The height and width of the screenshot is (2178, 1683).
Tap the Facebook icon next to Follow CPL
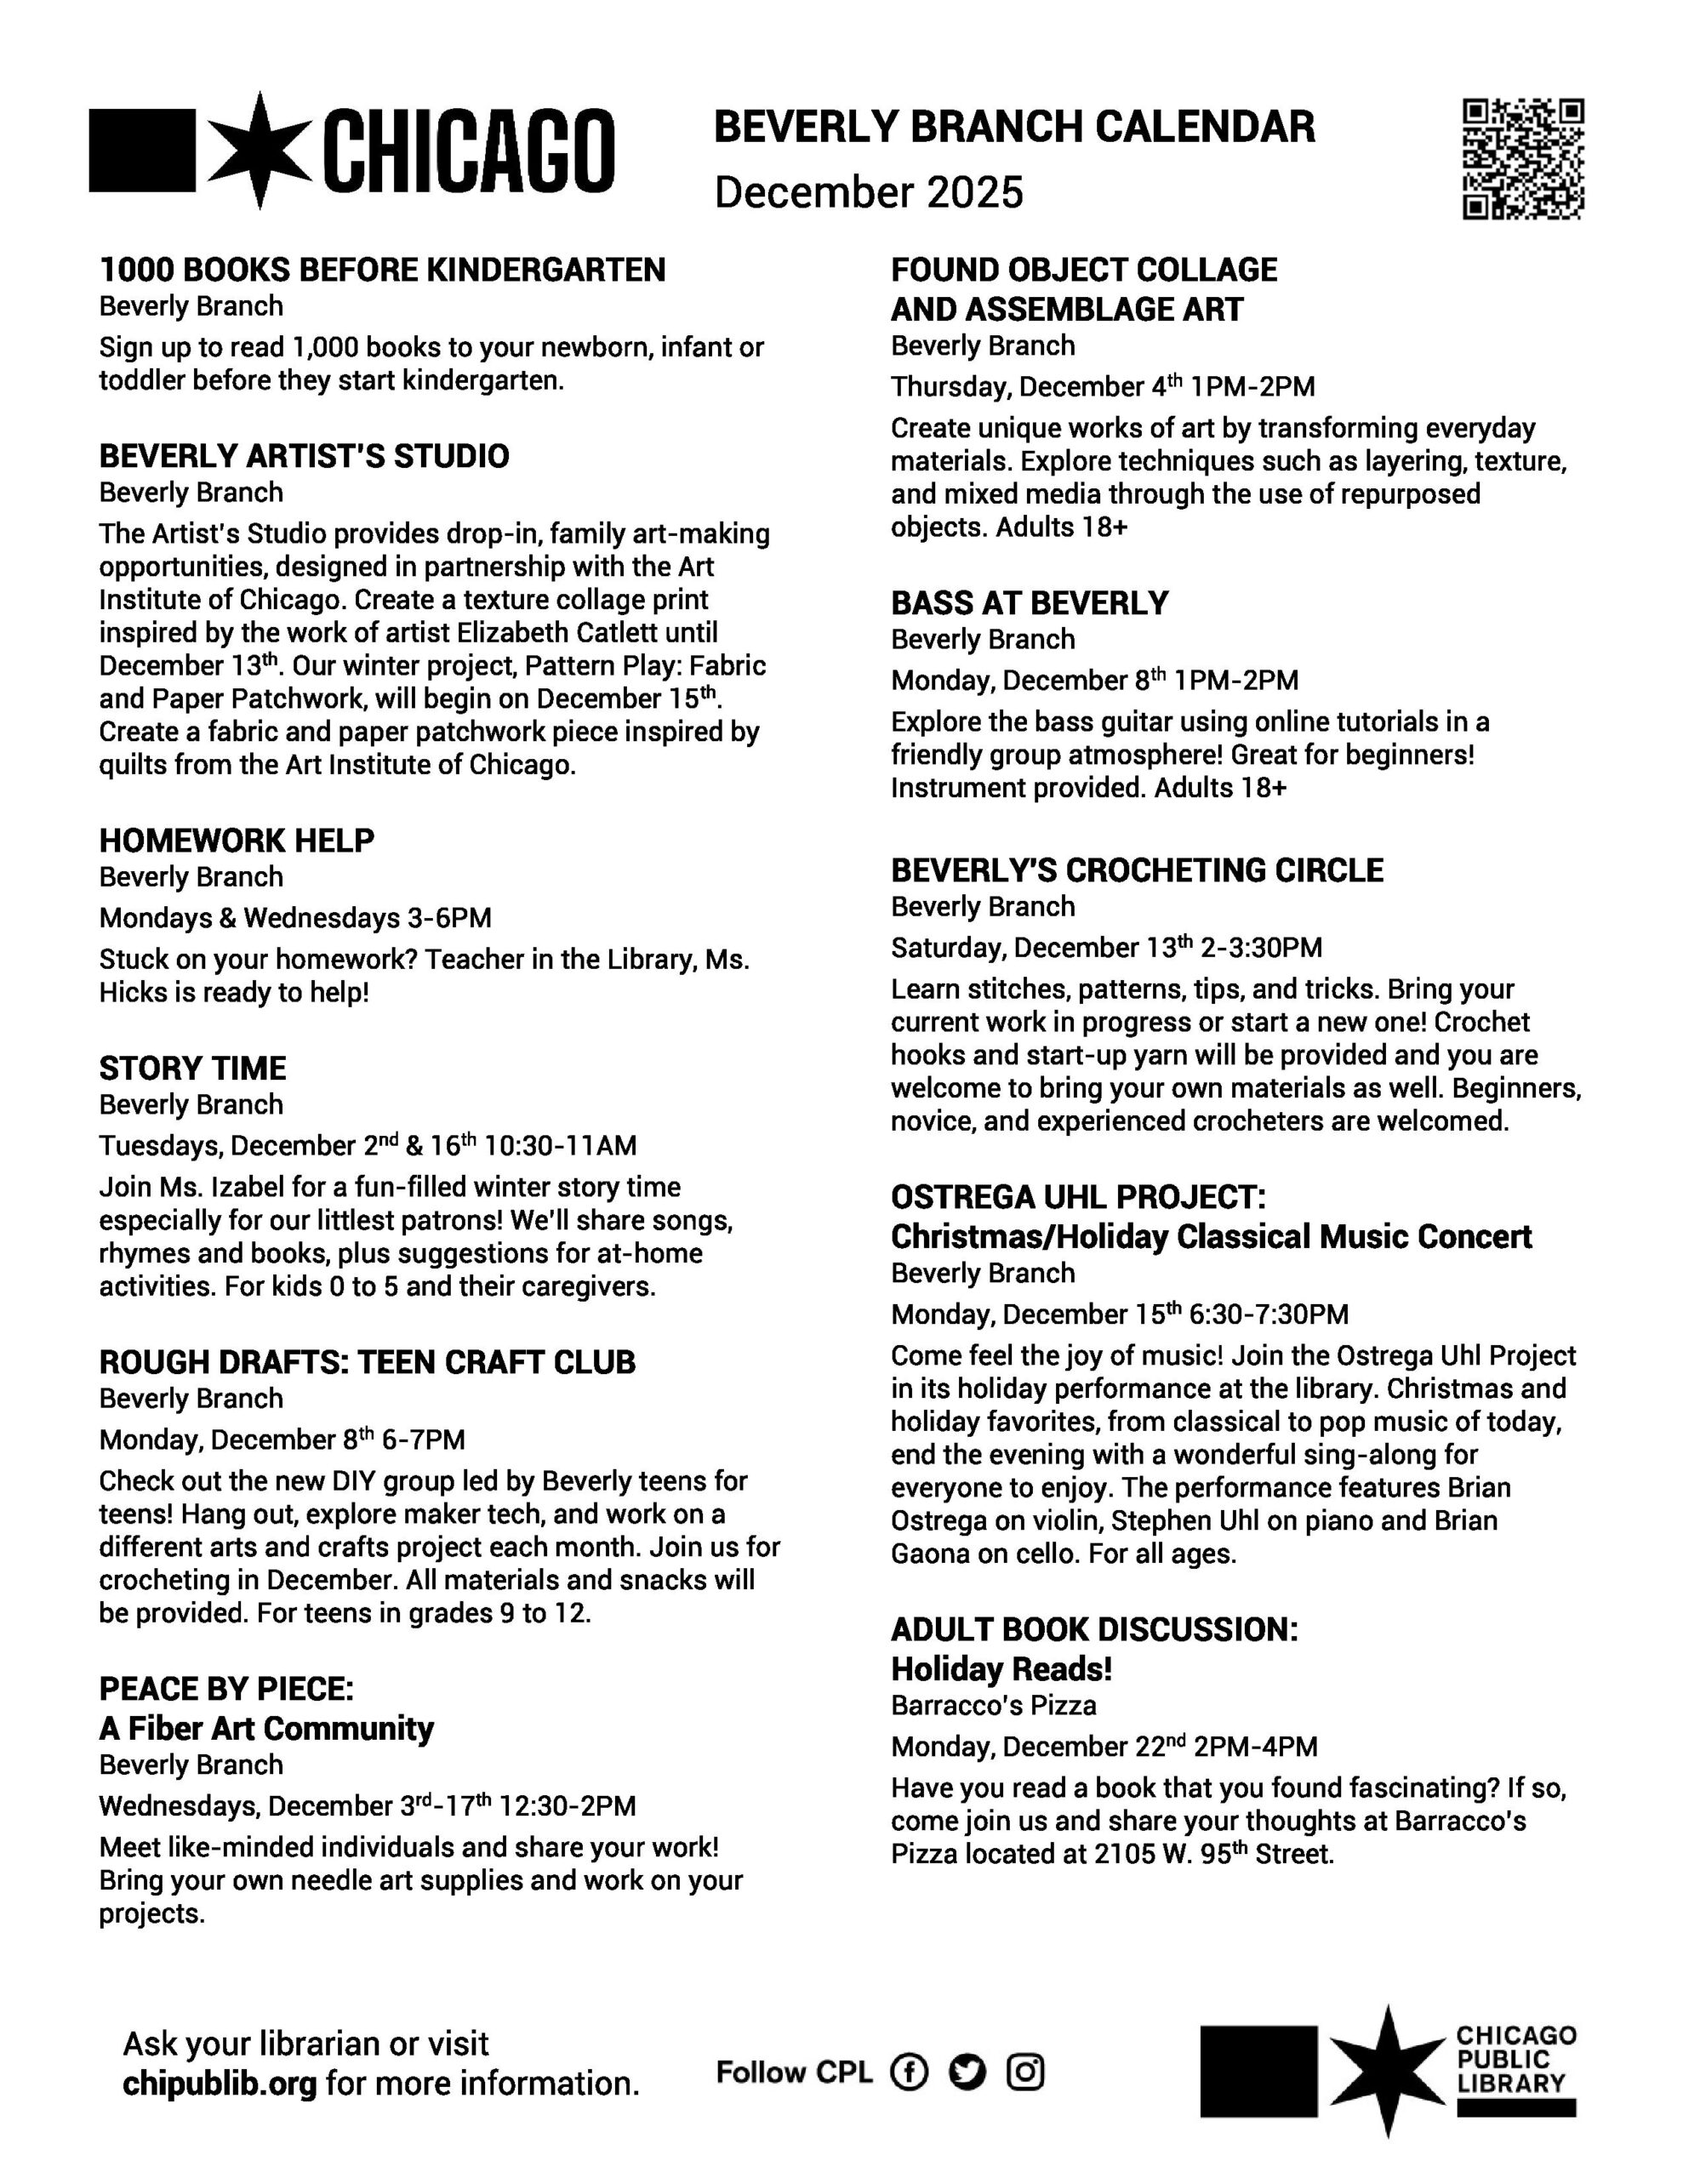(908, 2072)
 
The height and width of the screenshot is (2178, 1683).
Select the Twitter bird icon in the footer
(967, 2072)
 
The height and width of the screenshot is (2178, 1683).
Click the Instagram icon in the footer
(1024, 2072)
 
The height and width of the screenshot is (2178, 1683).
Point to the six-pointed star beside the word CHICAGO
(260, 151)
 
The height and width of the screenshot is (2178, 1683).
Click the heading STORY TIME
(192, 1068)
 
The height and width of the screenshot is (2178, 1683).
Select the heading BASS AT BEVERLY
(1030, 603)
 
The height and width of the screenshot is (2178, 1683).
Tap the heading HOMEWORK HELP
(237, 841)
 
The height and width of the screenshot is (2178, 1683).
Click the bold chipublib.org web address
(220, 2084)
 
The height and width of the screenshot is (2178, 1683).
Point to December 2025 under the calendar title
(869, 192)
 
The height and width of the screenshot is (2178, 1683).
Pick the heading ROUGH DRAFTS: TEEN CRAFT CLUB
(367, 1362)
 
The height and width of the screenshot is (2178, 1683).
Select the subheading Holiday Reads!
(1001, 1668)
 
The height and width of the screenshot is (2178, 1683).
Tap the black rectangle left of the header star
(141, 151)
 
